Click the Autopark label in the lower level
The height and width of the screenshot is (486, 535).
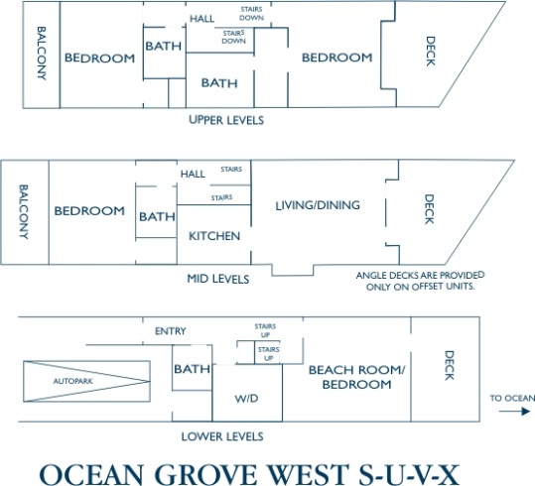click(72, 381)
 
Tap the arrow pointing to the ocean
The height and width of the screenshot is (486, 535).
click(514, 411)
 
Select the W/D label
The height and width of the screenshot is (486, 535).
click(246, 399)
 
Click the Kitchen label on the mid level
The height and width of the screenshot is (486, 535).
click(214, 236)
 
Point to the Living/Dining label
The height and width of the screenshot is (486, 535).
click(318, 205)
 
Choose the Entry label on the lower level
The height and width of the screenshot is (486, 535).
click(171, 331)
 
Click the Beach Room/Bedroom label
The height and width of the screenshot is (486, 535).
click(356, 377)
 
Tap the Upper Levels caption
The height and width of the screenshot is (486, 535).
click(226, 120)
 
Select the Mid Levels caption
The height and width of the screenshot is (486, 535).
click(218, 279)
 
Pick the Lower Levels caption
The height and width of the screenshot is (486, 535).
click(222, 436)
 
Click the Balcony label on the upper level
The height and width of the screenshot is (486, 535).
click(42, 54)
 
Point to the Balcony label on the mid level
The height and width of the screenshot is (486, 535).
click(24, 212)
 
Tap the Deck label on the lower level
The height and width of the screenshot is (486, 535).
click(449, 365)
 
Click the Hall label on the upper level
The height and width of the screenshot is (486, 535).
click(202, 19)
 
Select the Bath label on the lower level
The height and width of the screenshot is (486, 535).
click(192, 369)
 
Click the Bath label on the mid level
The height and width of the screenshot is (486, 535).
click(157, 216)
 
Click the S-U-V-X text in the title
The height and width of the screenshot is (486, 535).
click(409, 474)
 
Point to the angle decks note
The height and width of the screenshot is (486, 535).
click(421, 281)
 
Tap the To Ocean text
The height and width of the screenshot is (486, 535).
click(512, 398)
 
